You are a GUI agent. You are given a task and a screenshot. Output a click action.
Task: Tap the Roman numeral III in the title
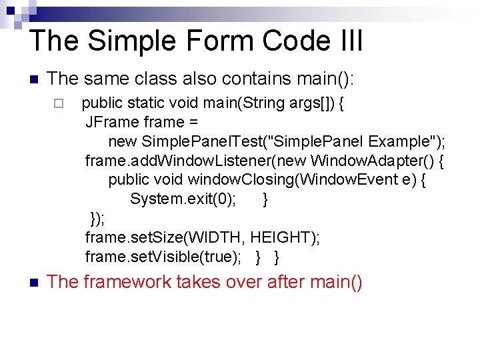(344, 40)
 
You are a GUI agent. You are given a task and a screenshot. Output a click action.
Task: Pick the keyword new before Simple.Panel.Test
(122, 141)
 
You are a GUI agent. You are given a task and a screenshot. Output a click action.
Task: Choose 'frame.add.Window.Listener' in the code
(169, 161)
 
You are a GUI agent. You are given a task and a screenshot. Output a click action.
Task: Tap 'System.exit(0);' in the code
(183, 199)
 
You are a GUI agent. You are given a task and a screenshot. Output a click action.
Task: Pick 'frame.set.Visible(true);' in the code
(165, 257)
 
